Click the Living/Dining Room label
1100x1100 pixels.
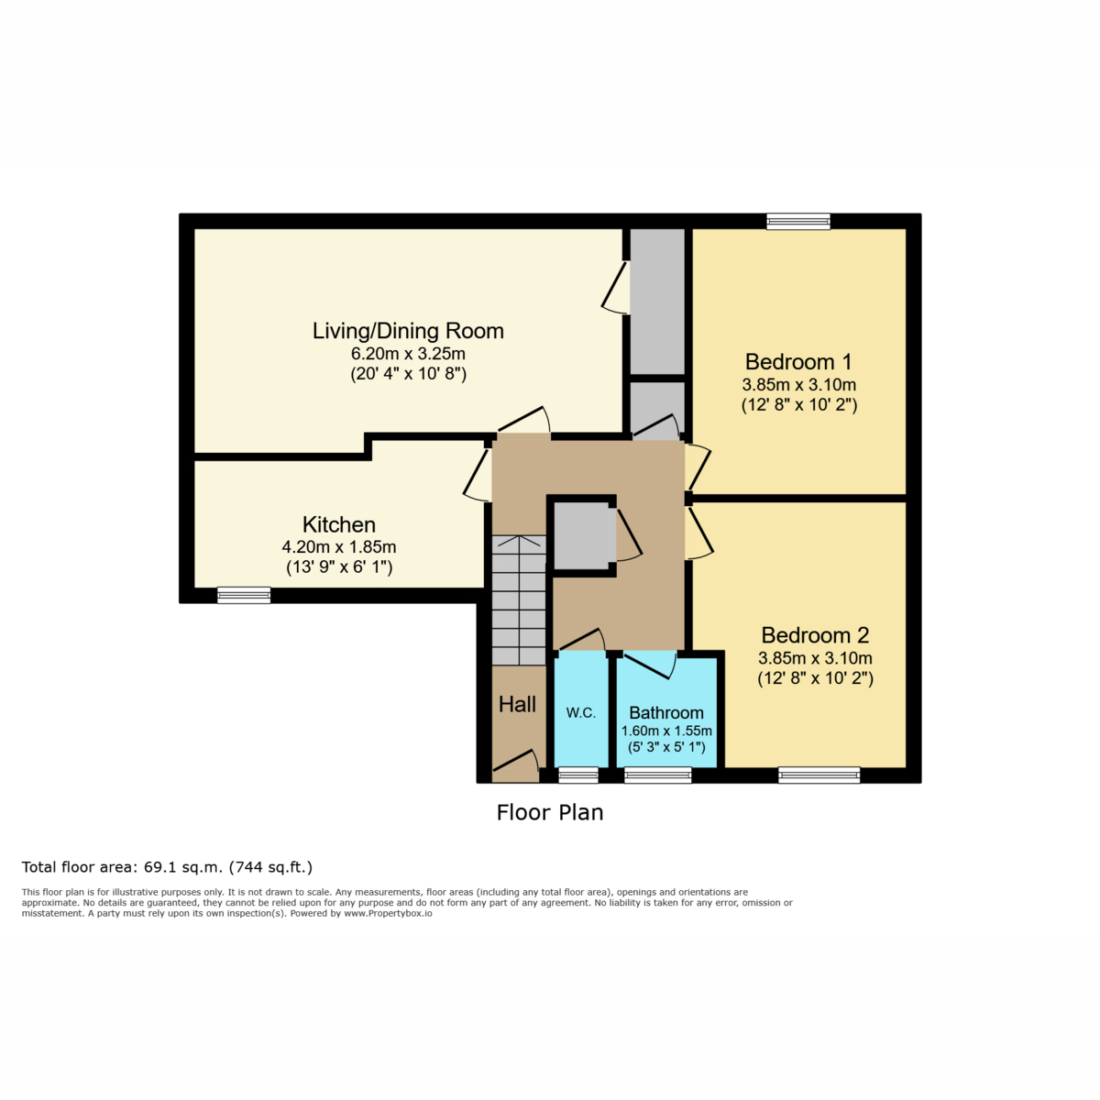(408, 332)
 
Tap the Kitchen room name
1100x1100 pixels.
(338, 524)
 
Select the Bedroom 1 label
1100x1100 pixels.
(798, 362)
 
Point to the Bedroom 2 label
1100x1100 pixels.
(815, 635)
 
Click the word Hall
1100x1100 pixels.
(517, 705)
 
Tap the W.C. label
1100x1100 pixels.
(580, 713)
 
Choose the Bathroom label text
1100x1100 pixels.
(666, 713)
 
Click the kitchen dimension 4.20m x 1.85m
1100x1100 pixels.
(338, 547)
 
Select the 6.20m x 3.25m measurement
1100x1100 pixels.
(408, 353)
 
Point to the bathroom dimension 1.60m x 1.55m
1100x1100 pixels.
(666, 731)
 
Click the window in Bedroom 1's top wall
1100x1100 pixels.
(798, 221)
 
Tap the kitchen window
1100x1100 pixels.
(244, 596)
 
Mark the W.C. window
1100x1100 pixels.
(578, 775)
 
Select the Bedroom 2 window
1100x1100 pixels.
(819, 775)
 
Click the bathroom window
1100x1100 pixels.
(657, 775)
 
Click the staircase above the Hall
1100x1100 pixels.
(519, 599)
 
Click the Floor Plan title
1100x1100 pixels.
(550, 813)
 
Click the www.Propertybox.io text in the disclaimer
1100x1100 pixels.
(388, 913)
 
